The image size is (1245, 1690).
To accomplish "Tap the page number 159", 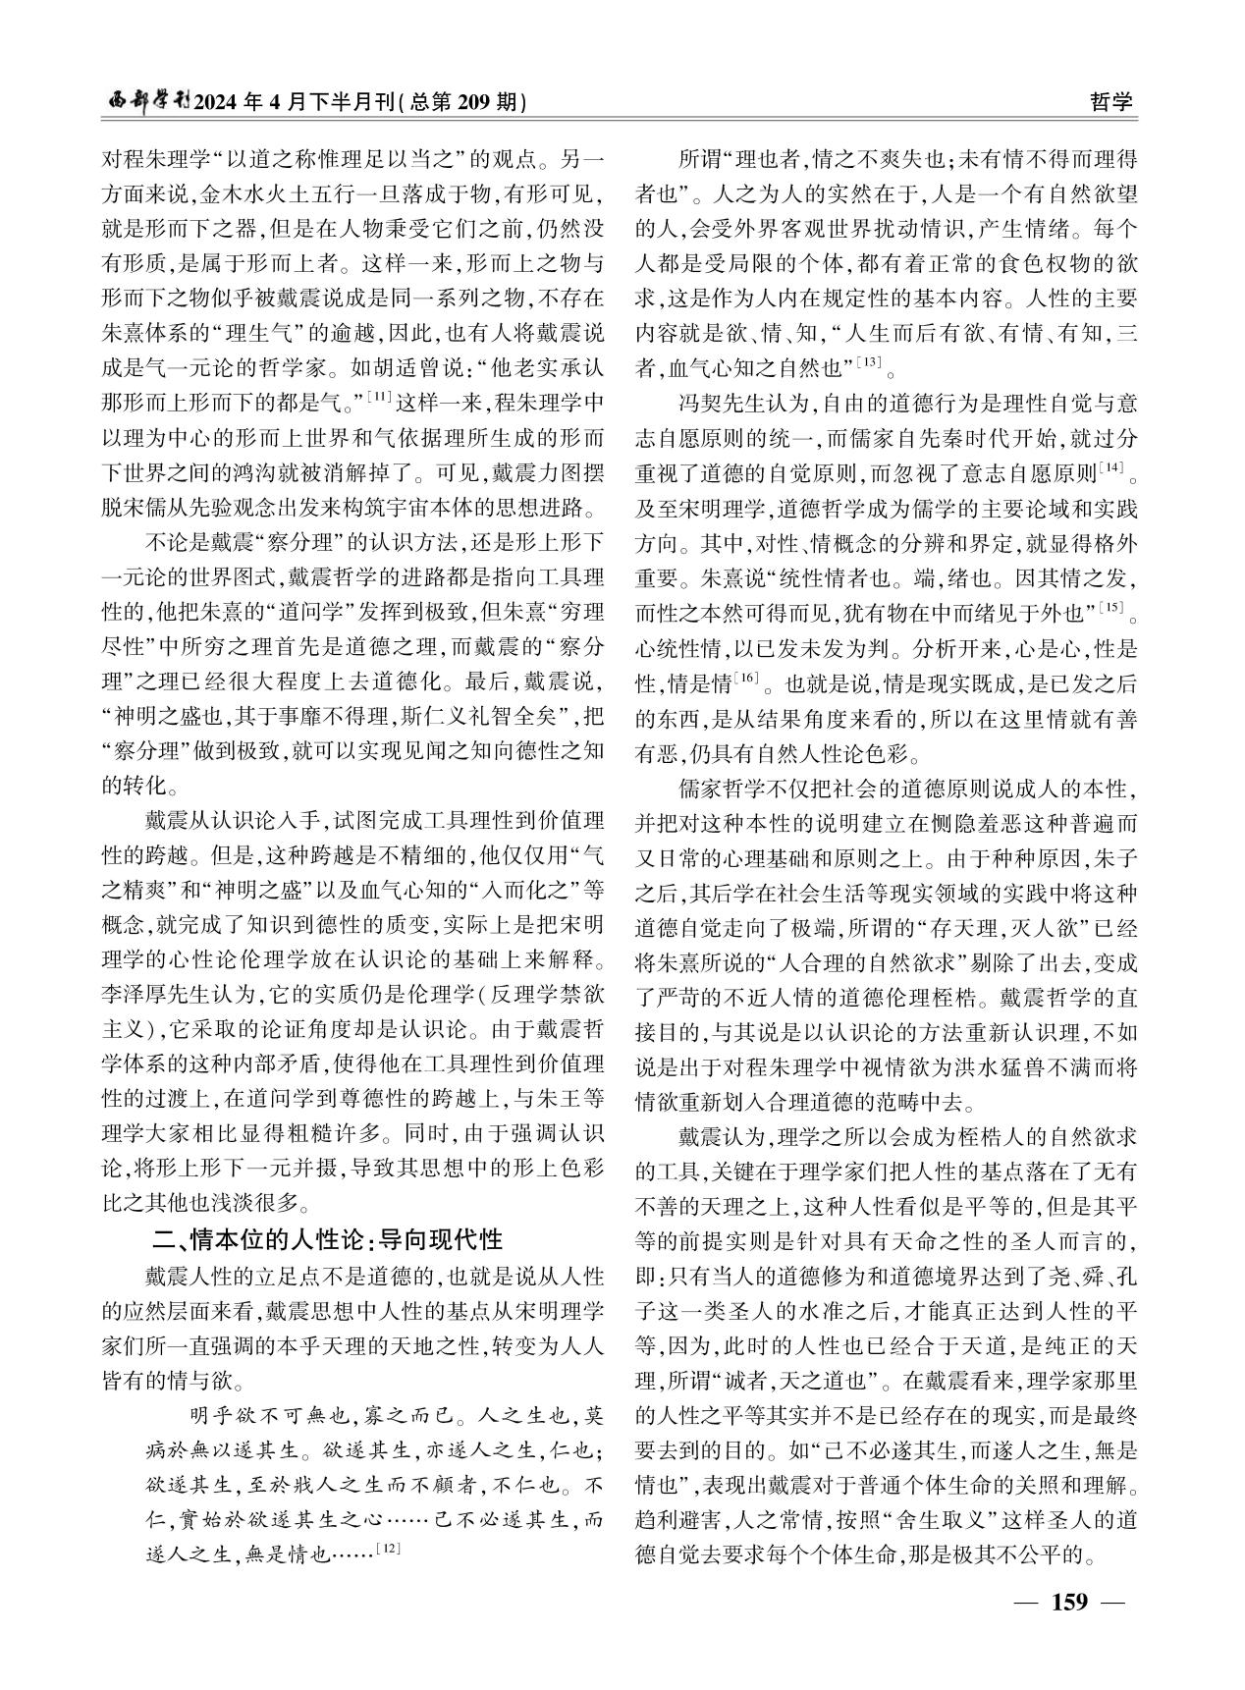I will (1069, 1602).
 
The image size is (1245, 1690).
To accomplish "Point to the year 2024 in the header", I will (225, 102).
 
